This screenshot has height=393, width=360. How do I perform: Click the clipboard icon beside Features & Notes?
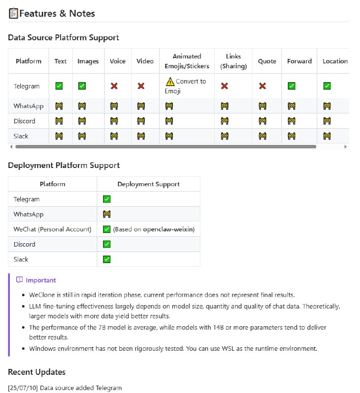point(13,13)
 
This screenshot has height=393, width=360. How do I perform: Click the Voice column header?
point(118,61)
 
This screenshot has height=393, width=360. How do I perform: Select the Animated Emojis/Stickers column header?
point(187,61)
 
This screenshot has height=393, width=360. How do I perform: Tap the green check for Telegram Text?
point(59,86)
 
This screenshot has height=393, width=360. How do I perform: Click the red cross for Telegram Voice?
point(114,86)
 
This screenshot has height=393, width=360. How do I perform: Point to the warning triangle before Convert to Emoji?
point(170,82)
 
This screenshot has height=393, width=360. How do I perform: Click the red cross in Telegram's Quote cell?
point(262,86)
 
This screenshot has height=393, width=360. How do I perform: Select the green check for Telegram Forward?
point(292,86)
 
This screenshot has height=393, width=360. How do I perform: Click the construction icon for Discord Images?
point(82,121)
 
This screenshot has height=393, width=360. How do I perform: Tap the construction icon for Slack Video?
point(141,136)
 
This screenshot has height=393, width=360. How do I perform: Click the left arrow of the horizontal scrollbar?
point(11,146)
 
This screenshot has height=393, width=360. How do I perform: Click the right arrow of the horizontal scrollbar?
point(345,146)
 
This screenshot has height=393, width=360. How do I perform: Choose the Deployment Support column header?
point(148,184)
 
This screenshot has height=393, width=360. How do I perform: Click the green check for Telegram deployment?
point(107,199)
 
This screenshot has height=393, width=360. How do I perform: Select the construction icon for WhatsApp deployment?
point(107,214)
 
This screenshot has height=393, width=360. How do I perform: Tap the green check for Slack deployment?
point(107,259)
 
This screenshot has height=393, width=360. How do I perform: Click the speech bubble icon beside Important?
point(19,280)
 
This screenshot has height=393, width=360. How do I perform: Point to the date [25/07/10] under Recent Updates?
point(23,388)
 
